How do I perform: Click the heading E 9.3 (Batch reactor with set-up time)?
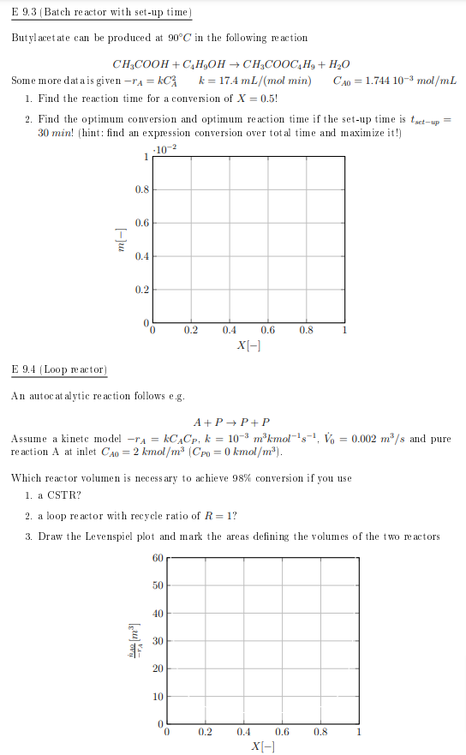click(101, 13)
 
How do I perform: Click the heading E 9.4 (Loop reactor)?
click(59, 369)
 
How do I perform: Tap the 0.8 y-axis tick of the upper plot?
click(141, 189)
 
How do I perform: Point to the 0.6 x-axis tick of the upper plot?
click(267, 330)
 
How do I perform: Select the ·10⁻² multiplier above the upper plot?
click(163, 151)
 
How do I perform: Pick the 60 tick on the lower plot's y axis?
click(157, 558)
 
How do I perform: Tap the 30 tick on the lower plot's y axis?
click(157, 641)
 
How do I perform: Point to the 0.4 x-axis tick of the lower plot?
click(243, 732)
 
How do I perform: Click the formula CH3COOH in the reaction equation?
click(140, 65)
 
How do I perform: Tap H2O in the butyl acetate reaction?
click(338, 65)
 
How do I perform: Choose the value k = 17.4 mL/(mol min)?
click(254, 81)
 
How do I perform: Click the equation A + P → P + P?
click(232, 422)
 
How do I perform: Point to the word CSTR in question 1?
click(66, 495)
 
